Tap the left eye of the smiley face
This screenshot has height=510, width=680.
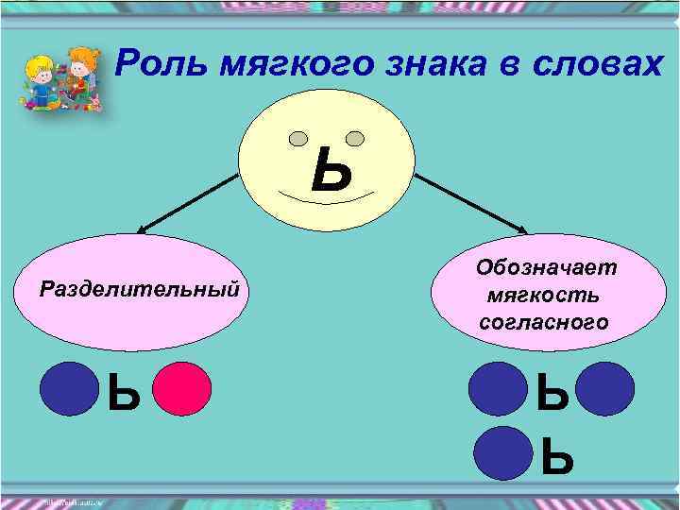tap(298, 139)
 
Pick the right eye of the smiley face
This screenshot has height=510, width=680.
tap(355, 138)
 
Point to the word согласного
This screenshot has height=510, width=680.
tap(544, 322)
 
